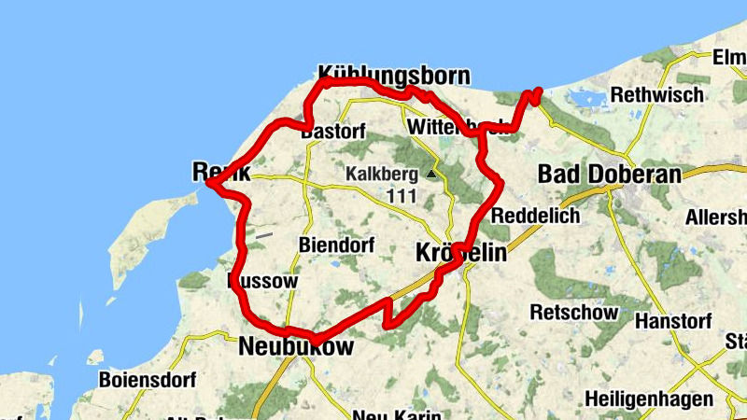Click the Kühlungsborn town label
[x=393, y=75]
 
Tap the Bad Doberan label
[x=609, y=175]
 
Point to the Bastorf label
[x=333, y=132]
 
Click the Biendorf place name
[x=336, y=245]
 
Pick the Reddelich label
[x=535, y=216]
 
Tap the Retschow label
[x=573, y=311]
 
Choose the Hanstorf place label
[x=673, y=320]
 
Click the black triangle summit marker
[x=430, y=174]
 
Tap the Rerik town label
[x=220, y=172]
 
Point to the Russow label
[x=262, y=281]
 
